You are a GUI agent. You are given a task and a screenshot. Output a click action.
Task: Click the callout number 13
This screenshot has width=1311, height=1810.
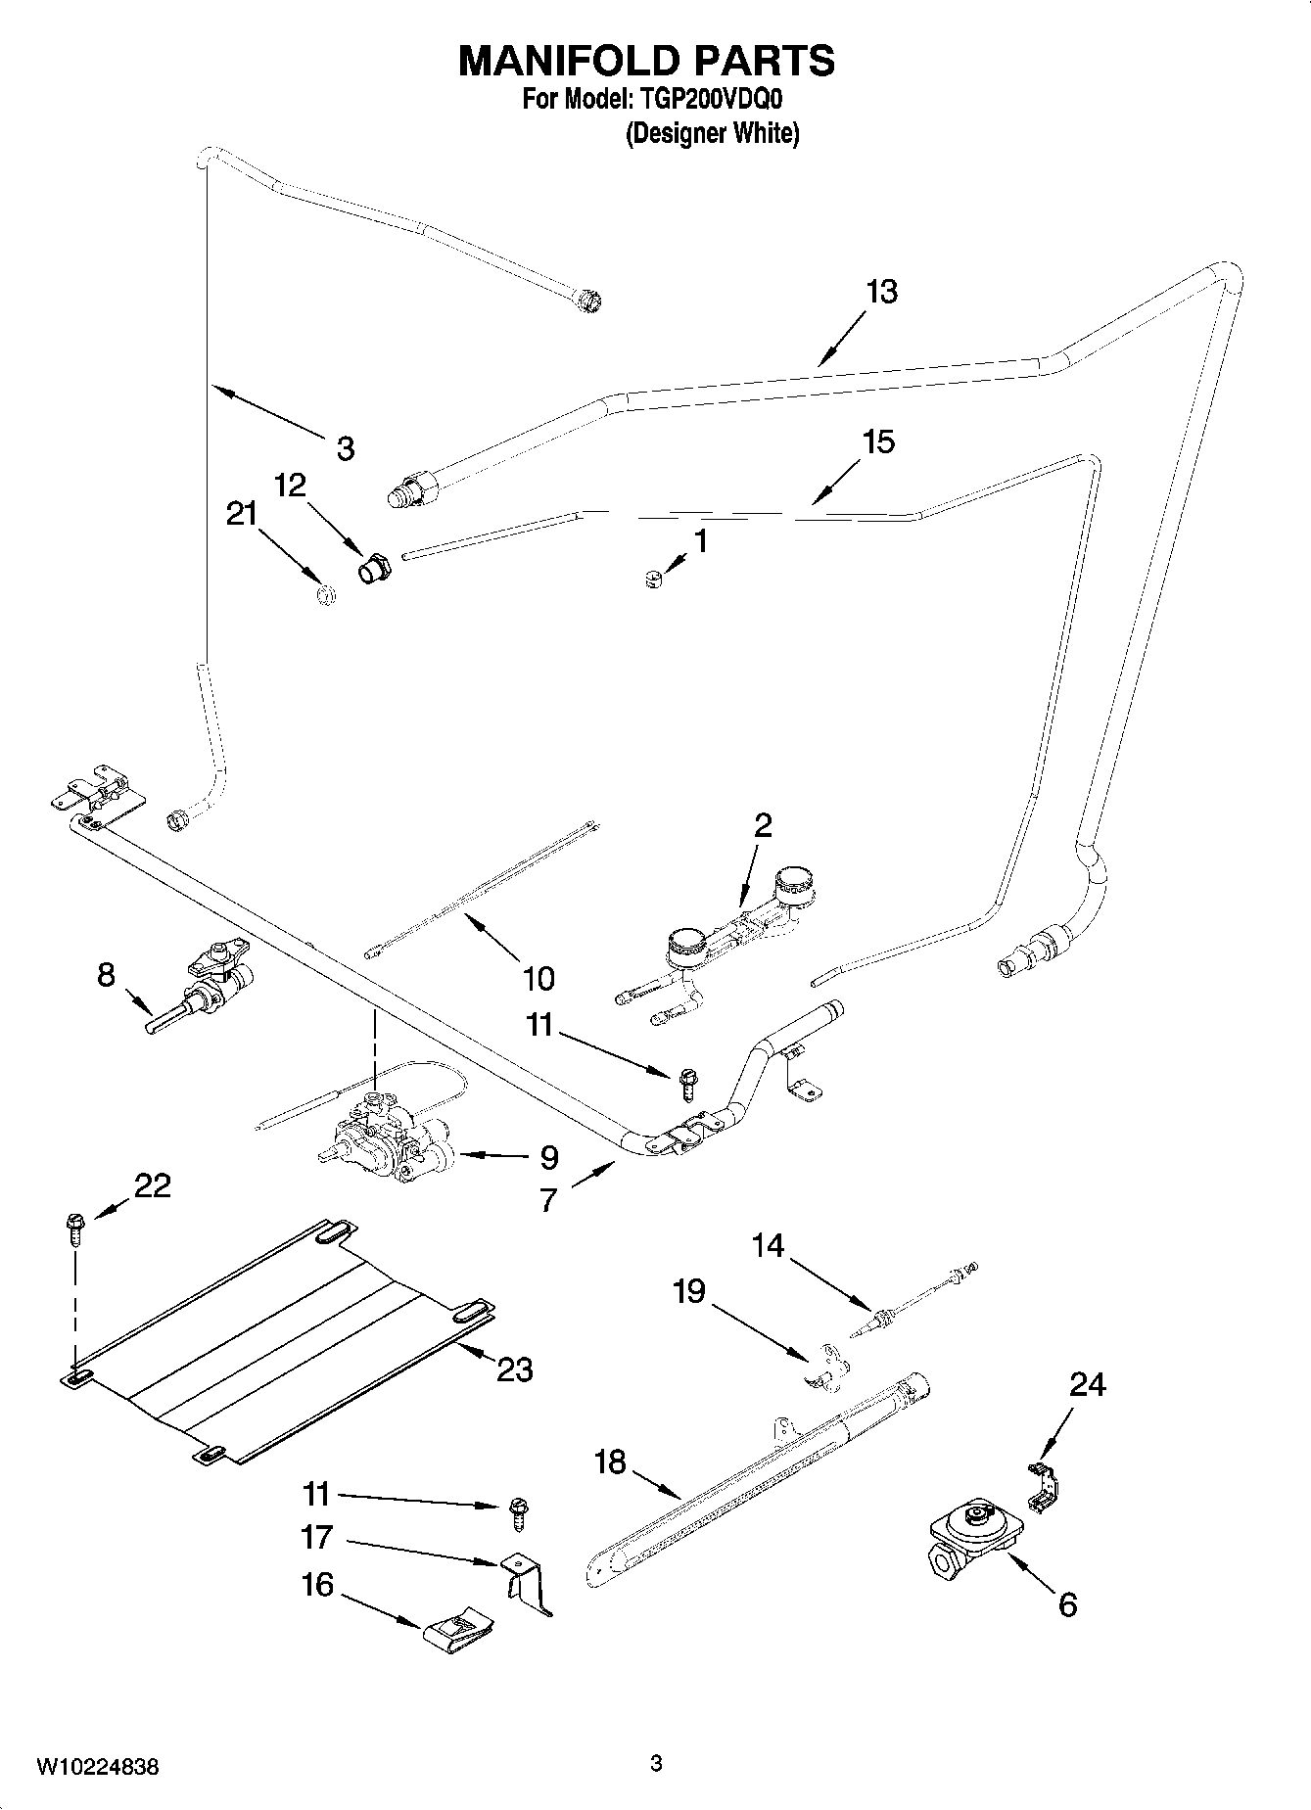881,292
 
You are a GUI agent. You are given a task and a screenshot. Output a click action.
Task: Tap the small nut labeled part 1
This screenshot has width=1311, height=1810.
651,580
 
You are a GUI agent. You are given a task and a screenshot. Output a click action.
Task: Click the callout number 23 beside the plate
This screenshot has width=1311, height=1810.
514,1369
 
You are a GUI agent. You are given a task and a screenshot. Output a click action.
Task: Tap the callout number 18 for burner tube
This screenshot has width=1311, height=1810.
609,1462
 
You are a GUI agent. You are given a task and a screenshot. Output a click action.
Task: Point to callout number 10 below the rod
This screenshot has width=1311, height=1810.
538,977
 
